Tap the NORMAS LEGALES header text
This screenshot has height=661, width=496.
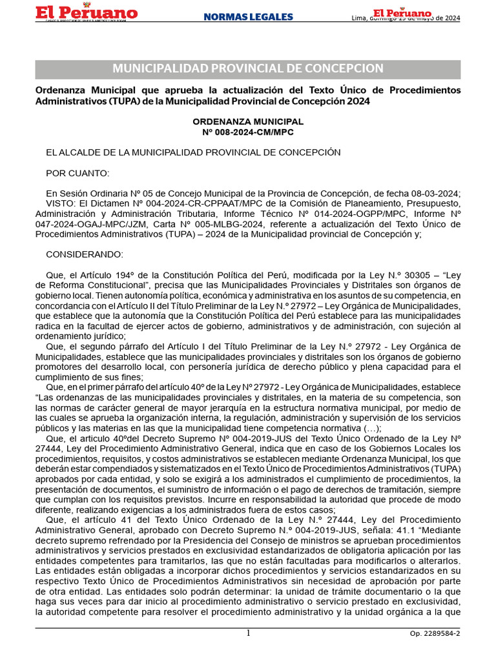tap(248, 17)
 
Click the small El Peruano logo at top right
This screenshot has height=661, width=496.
tap(402, 14)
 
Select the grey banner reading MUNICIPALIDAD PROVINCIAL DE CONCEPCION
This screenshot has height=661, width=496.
tap(248, 69)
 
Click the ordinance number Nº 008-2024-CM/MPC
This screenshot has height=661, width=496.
tap(248, 132)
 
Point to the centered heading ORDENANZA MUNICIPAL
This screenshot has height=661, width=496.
tap(248, 121)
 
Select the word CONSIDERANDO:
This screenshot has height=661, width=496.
tap(85, 254)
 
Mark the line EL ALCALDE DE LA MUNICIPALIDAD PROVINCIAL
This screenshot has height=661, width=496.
tap(193, 152)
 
